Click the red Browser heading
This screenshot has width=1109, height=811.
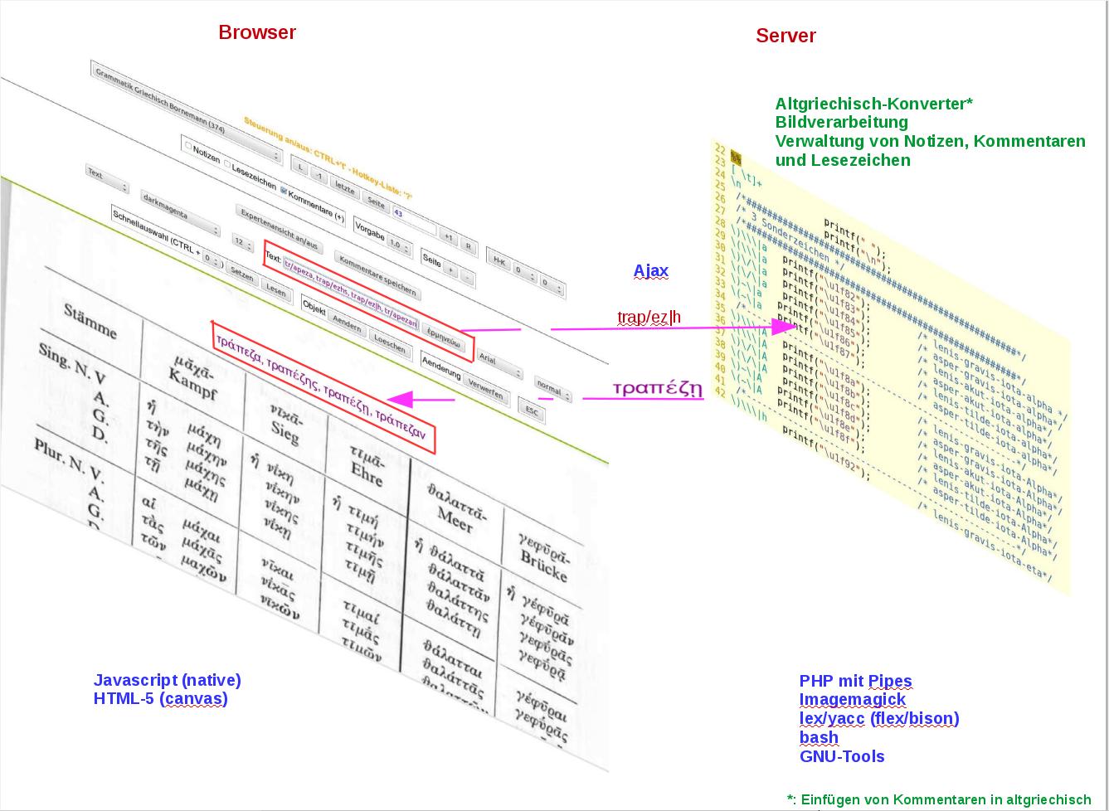[x=257, y=32]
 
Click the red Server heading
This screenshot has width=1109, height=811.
[x=786, y=36]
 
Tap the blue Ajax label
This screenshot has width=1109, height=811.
[x=651, y=270]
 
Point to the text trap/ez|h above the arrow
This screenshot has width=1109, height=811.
[x=649, y=317]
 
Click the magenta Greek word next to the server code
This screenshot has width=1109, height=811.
[x=658, y=387]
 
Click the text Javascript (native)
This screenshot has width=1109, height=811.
[x=168, y=680]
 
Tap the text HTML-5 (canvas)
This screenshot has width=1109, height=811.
[x=161, y=698]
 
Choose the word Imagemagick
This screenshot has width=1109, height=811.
[x=853, y=699]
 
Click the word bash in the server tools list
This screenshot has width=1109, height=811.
[x=819, y=737]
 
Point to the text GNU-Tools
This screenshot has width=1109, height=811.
[x=842, y=756]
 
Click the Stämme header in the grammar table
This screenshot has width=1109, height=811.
[x=90, y=321]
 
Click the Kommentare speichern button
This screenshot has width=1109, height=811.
[x=377, y=276]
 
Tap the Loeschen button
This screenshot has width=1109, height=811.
[x=389, y=343]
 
